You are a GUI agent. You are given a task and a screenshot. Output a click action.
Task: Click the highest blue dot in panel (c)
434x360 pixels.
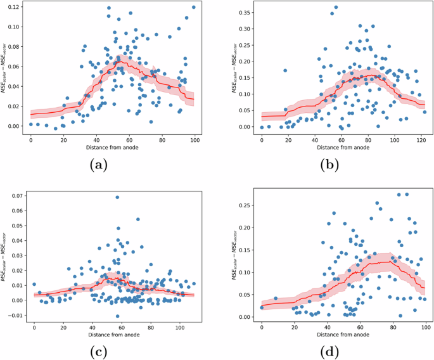(118, 197)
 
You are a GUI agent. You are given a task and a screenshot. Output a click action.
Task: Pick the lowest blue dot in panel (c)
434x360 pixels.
(117, 316)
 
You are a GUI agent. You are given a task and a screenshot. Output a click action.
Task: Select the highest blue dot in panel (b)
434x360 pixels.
(336, 8)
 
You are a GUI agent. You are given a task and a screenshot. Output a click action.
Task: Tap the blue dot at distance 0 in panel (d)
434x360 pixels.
(262, 307)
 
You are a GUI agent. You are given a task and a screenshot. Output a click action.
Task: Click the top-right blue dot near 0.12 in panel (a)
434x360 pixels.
(193, 8)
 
